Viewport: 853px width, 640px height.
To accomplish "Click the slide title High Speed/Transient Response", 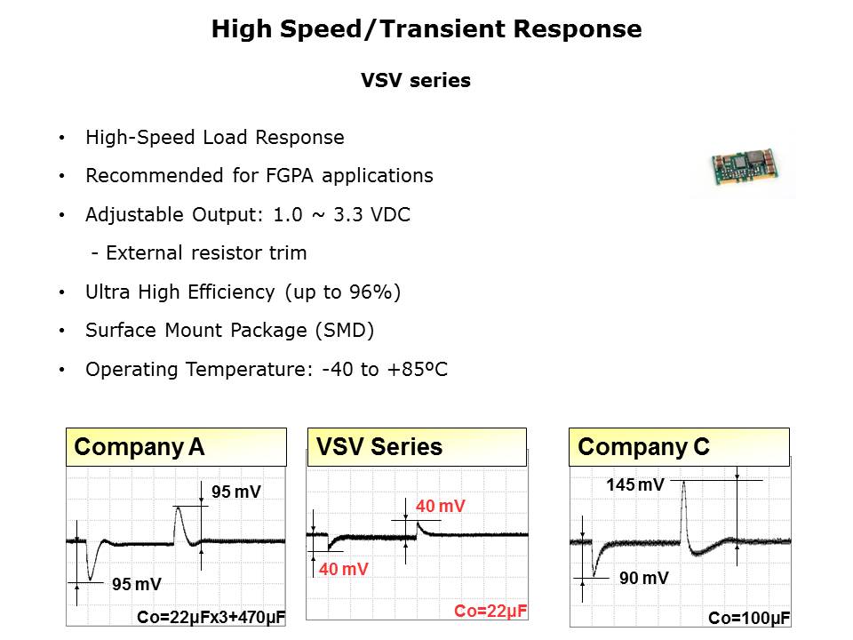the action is (426, 28).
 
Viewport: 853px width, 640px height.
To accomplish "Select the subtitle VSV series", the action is (416, 81).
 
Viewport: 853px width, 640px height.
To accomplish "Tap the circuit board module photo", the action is (745, 166).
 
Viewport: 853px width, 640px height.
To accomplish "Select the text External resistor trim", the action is (206, 253).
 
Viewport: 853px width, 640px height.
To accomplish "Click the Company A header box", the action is (176, 447).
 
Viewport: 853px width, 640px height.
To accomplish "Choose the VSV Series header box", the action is (417, 447).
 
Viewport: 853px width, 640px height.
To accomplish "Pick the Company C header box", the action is (679, 447).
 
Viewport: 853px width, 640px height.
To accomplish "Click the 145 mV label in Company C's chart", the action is (635, 484).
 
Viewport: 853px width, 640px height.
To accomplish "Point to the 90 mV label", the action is (644, 578).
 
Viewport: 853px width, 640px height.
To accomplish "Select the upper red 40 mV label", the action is (441, 506).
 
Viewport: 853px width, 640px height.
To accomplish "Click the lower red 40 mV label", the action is (344, 569).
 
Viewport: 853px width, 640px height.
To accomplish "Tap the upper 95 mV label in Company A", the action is (236, 492).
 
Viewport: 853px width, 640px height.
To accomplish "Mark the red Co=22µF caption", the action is (490, 612).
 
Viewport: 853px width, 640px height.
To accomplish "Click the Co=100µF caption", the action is (749, 619).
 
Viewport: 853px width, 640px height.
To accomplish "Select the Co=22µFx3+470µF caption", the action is (211, 617).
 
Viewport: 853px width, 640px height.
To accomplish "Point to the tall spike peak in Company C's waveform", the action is (684, 483).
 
